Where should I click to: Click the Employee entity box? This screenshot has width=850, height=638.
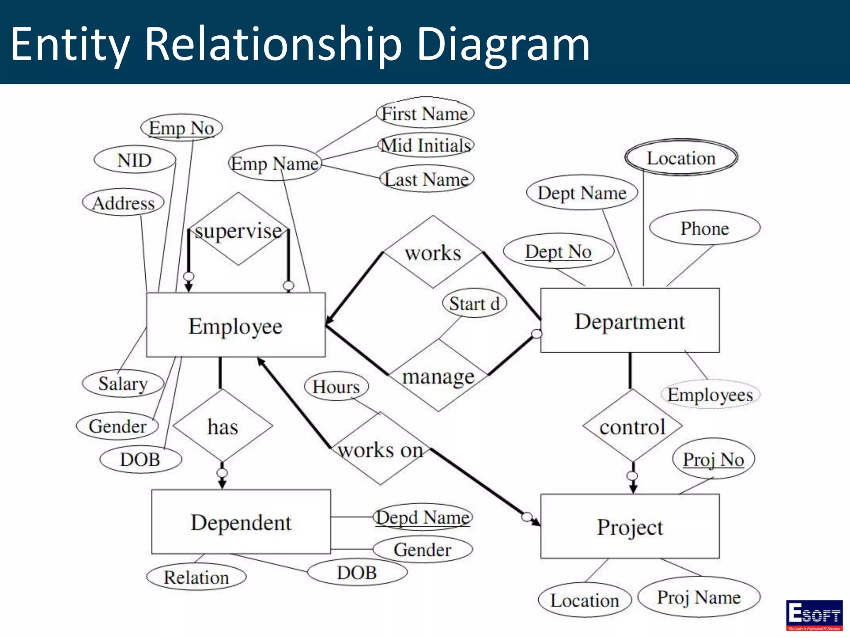pos(236,325)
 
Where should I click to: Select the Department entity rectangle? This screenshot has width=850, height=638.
pos(630,320)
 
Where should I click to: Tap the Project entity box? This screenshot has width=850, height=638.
pos(630,526)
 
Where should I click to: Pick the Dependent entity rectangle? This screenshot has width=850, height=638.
pos(241,522)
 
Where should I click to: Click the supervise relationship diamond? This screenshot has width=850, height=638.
pos(238,229)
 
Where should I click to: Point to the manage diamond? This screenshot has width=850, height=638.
pos(438,376)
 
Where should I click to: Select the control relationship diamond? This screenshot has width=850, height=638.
pos(632,426)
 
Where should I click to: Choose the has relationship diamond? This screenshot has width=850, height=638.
pos(223,426)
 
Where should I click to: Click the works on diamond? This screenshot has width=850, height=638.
pos(380,449)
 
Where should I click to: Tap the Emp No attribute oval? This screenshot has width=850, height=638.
pos(181,128)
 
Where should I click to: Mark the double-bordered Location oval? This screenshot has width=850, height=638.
pos(681,157)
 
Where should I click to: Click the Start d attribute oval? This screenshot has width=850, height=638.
pos(474,303)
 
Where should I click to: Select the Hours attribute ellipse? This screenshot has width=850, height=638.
pos(336,386)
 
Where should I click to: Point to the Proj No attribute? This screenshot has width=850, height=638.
pos(713,459)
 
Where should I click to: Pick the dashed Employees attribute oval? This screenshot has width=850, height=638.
pos(710,394)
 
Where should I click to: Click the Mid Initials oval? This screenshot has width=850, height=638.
pos(426,145)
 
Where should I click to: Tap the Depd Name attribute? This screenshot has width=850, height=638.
pos(423,517)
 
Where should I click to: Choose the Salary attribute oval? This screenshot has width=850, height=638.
pos(123,383)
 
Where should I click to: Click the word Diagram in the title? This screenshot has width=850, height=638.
pos(503,44)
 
